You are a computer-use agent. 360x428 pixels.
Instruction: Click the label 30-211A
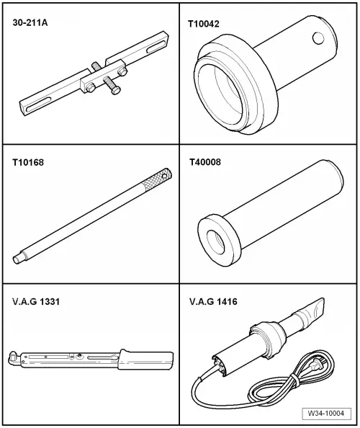click(30, 22)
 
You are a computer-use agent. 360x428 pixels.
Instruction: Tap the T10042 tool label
click(204, 24)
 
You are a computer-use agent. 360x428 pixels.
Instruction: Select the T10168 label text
click(28, 162)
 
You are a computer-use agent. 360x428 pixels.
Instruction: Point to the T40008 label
click(205, 162)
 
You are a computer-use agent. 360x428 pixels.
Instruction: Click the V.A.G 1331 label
click(36, 302)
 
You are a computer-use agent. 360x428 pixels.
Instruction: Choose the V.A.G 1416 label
click(213, 302)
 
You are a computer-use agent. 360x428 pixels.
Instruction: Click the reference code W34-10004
click(326, 413)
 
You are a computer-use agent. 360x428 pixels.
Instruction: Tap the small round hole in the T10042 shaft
click(318, 38)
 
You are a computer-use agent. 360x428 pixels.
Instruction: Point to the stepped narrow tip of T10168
click(19, 258)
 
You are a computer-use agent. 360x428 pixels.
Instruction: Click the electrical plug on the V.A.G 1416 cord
click(318, 363)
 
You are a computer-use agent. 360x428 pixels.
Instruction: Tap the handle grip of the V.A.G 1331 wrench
click(146, 360)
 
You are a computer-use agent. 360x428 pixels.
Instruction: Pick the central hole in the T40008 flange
click(216, 242)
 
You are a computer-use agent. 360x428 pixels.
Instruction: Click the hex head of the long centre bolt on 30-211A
click(116, 91)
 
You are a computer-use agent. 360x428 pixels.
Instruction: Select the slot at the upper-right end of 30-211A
click(156, 47)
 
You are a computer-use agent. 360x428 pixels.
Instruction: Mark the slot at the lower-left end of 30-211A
click(38, 104)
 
